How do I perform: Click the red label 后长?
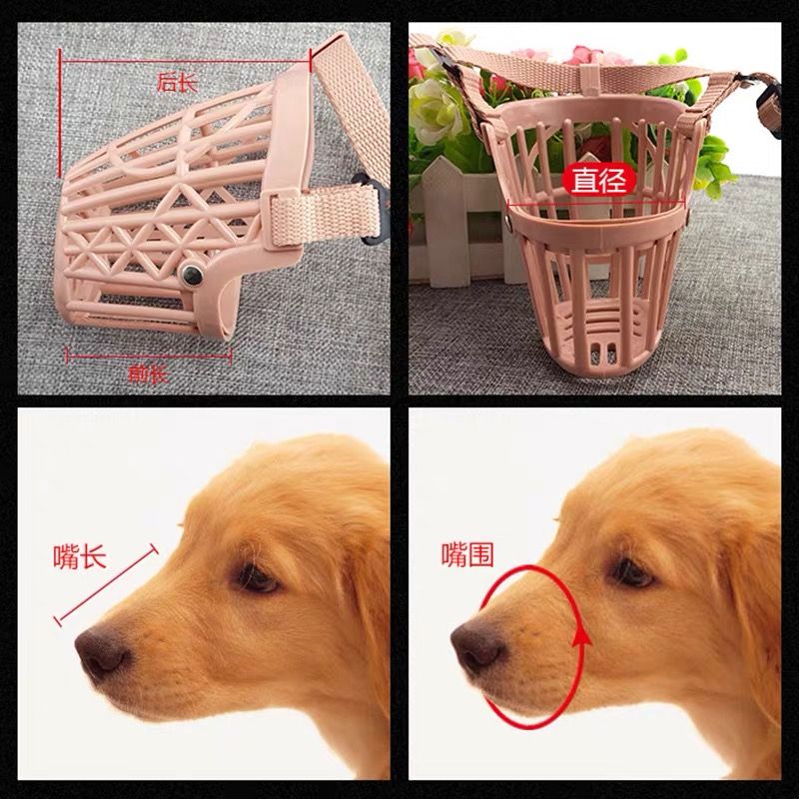(177, 83)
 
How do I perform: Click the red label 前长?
(148, 375)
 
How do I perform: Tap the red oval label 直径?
(598, 180)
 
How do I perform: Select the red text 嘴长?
(80, 556)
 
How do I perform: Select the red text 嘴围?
(467, 555)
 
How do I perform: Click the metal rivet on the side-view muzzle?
(192, 276)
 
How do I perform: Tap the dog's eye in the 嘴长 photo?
(257, 579)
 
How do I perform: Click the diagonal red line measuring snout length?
(106, 585)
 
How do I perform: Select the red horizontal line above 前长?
(149, 357)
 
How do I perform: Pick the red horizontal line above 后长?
(185, 61)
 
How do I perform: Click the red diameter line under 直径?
(596, 205)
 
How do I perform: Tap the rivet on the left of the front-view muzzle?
(509, 220)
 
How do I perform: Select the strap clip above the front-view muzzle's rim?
(591, 81)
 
